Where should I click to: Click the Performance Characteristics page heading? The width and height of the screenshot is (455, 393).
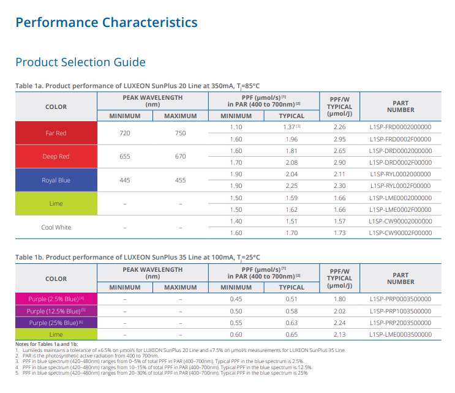point(106,23)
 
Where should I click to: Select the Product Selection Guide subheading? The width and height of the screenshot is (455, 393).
point(80,62)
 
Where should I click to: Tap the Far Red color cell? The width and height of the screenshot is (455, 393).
point(56,133)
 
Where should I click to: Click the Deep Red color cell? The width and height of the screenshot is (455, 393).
point(56,156)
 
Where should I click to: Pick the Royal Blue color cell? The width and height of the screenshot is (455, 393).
point(56,180)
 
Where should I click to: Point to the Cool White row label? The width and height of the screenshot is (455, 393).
point(56,227)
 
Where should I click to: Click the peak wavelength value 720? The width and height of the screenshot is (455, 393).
point(125,133)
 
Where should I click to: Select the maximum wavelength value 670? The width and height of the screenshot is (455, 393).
point(180,156)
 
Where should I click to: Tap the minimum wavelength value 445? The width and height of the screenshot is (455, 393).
point(125,180)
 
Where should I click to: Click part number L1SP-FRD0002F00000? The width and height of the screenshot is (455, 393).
point(400,139)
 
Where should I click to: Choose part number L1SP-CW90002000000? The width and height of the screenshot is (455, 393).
point(400,221)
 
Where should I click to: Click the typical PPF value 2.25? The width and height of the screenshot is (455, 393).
point(291,185)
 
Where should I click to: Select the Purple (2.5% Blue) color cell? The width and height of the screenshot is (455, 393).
point(56,299)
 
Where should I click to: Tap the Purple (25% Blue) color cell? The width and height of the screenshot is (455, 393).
point(56,323)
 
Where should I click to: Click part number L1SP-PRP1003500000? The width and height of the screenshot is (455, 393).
point(400,311)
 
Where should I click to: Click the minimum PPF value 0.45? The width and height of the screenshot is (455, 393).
point(236,299)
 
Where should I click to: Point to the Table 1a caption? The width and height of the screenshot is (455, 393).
point(141,86)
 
